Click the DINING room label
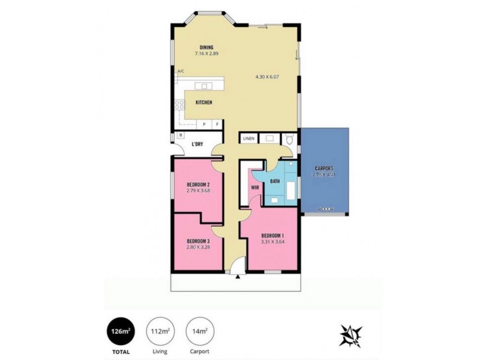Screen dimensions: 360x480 [x=206, y=47]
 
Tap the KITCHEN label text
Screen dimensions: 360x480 [x=204, y=103]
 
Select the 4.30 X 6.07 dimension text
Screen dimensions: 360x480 [x=268, y=77]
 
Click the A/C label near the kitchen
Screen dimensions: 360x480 [x=180, y=71]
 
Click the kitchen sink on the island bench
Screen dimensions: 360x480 [x=205, y=85]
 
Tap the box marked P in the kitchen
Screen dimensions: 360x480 [x=204, y=124]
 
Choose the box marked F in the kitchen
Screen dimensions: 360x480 [x=217, y=124]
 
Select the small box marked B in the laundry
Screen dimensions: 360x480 [x=181, y=136]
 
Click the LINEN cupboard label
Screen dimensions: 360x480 [x=249, y=139]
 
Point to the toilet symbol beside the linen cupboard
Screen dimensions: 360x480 [x=290, y=139]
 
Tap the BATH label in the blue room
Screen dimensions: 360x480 [x=275, y=181]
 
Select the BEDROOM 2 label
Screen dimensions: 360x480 [x=197, y=184]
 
